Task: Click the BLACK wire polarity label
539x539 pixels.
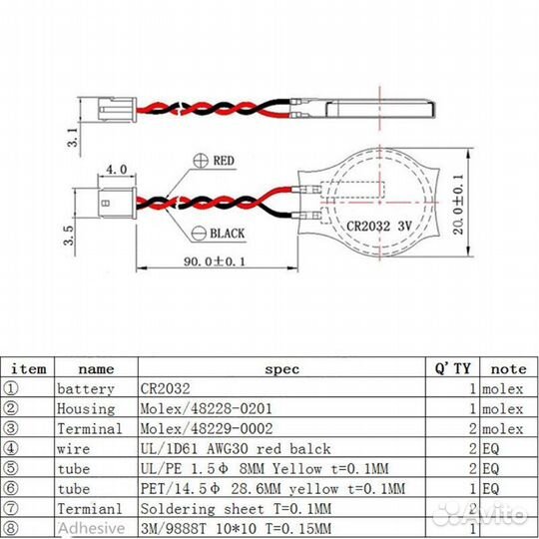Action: (227, 234)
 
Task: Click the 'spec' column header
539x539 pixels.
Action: (280, 368)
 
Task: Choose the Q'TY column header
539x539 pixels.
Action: (450, 368)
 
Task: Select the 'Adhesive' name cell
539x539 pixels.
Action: (91, 528)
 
